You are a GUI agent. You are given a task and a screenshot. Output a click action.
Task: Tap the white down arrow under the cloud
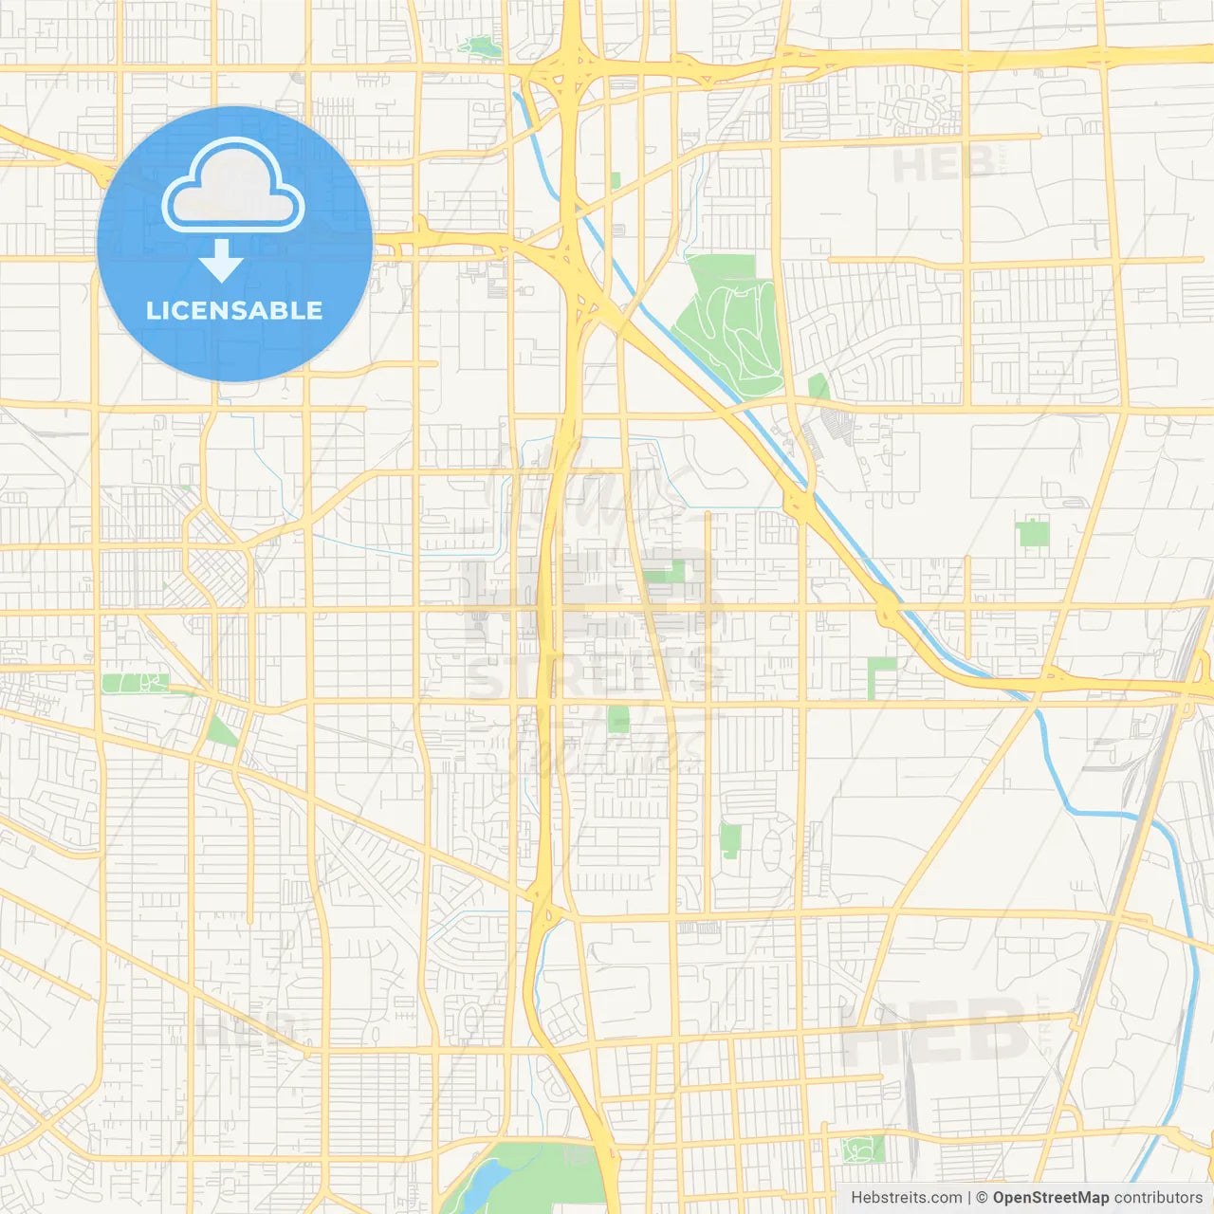click(x=221, y=261)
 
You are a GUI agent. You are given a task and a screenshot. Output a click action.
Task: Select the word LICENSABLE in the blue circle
click(x=234, y=310)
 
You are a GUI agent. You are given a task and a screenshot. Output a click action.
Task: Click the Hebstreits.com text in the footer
click(x=906, y=1198)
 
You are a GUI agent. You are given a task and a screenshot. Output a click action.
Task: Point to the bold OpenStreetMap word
click(x=1050, y=1198)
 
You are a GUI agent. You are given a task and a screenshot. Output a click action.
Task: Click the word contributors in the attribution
click(x=1158, y=1198)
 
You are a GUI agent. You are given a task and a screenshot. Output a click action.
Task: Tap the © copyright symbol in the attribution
click(x=982, y=1198)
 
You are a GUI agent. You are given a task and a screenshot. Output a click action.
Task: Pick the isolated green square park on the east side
click(x=1033, y=533)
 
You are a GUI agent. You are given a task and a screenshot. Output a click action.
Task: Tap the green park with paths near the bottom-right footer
click(x=863, y=1149)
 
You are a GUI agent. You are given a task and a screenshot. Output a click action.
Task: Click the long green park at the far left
click(x=135, y=683)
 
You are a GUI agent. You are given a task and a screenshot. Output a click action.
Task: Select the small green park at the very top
click(x=480, y=45)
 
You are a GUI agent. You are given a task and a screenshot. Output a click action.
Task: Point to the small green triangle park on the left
click(x=220, y=731)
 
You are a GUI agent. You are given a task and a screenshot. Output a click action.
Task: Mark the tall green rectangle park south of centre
click(x=729, y=840)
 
